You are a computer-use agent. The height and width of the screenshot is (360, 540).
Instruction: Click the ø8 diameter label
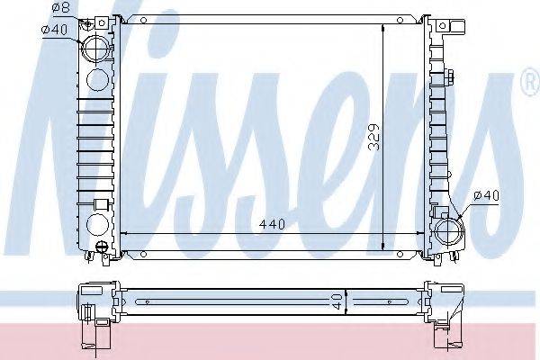click(x=59, y=8)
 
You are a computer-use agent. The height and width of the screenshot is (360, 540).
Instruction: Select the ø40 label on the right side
click(x=486, y=194)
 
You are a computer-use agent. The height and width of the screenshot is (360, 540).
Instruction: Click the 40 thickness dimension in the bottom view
click(x=335, y=302)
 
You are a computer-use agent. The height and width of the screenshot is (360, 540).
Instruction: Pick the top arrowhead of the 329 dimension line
click(x=384, y=22)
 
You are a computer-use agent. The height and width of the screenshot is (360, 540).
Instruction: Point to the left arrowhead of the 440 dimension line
click(x=124, y=232)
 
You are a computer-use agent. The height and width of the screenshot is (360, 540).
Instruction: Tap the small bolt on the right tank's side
click(x=447, y=70)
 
